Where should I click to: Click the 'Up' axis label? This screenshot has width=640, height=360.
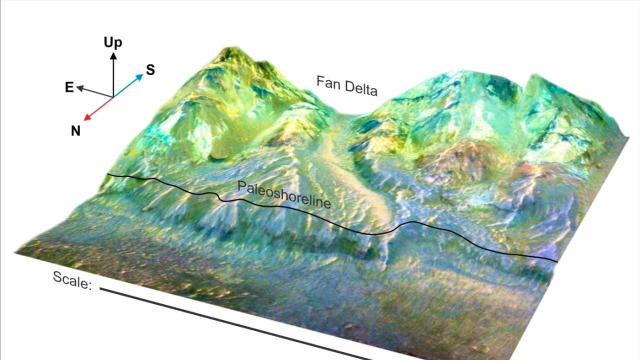113,42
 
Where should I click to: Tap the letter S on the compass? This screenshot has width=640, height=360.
150,70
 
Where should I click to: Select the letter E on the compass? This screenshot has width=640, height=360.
69,88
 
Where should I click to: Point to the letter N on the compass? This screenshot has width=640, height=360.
75,131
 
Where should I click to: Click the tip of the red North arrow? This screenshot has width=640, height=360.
84,120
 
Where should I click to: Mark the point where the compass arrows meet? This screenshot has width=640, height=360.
113,96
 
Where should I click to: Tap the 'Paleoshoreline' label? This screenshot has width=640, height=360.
284,194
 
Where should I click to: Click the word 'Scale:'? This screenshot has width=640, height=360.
72,280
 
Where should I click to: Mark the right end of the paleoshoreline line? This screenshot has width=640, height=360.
557,261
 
